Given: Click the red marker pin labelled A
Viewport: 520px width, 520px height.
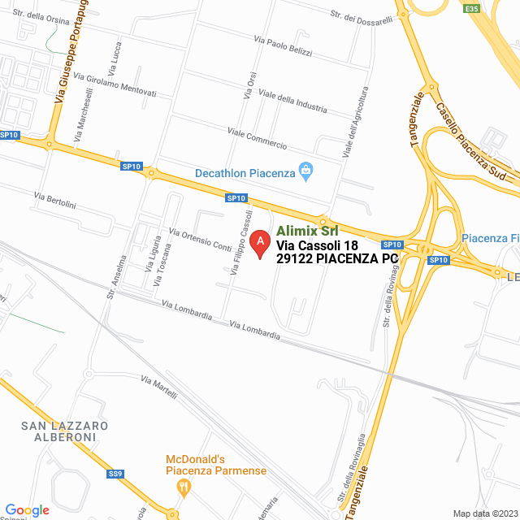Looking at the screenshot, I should pos(259,243).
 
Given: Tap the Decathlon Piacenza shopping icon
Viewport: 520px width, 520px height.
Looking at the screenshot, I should pos(305,170).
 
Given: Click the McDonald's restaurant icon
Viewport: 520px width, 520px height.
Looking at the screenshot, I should pos(184,486).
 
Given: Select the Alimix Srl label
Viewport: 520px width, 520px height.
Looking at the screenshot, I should pos(307,230).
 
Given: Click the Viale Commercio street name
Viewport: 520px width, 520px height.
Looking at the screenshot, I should pos(257,139).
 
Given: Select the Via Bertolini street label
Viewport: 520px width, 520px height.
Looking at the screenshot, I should pos(54,200).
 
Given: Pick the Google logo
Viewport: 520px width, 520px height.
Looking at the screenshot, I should pos(27,510).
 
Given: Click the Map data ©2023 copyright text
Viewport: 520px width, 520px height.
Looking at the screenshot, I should pos(484,513).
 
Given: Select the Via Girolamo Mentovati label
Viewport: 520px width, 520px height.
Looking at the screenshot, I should pos(115,85).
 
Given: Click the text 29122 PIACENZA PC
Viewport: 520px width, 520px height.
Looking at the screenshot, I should pos(337,258).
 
